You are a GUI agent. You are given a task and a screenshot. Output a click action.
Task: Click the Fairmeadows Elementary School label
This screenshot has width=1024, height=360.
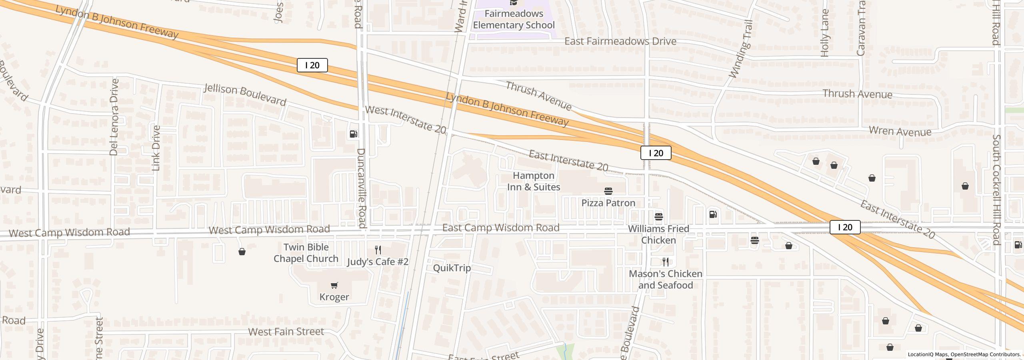point(514,19)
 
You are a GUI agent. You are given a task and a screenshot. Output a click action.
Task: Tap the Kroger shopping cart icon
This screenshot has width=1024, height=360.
point(334,285)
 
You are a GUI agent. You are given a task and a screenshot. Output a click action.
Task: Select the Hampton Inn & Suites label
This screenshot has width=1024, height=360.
point(534,181)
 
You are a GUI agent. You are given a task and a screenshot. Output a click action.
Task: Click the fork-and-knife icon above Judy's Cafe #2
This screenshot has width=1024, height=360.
point(378,250)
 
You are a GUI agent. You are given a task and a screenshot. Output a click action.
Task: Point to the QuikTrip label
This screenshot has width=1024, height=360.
point(452,268)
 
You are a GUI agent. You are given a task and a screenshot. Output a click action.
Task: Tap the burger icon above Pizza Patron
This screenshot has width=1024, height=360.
point(608,191)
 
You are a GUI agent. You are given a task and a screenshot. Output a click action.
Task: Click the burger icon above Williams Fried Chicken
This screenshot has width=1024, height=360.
point(659,217)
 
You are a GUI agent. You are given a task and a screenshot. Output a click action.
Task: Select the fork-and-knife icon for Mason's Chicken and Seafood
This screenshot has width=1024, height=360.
point(666,262)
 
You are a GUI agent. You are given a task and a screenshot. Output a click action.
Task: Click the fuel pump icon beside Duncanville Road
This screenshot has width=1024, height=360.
point(354,134)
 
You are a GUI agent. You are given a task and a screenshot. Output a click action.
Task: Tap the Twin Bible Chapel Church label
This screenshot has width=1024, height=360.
point(306,253)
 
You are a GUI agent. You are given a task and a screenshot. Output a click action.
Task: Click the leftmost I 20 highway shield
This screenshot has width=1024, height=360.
point(312,65)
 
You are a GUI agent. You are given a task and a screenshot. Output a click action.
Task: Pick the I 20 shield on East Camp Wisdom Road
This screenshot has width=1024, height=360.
point(845,227)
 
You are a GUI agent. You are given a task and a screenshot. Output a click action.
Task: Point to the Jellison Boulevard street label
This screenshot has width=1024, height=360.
point(245,95)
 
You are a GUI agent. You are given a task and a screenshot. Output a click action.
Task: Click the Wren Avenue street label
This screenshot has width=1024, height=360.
point(900,132)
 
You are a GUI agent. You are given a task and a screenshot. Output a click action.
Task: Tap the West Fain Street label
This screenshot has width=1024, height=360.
point(286,332)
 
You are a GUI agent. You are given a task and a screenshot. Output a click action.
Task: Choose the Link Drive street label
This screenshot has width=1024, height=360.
point(156,148)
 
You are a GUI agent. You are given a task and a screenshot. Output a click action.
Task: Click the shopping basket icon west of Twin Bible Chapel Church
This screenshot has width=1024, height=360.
point(242,252)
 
